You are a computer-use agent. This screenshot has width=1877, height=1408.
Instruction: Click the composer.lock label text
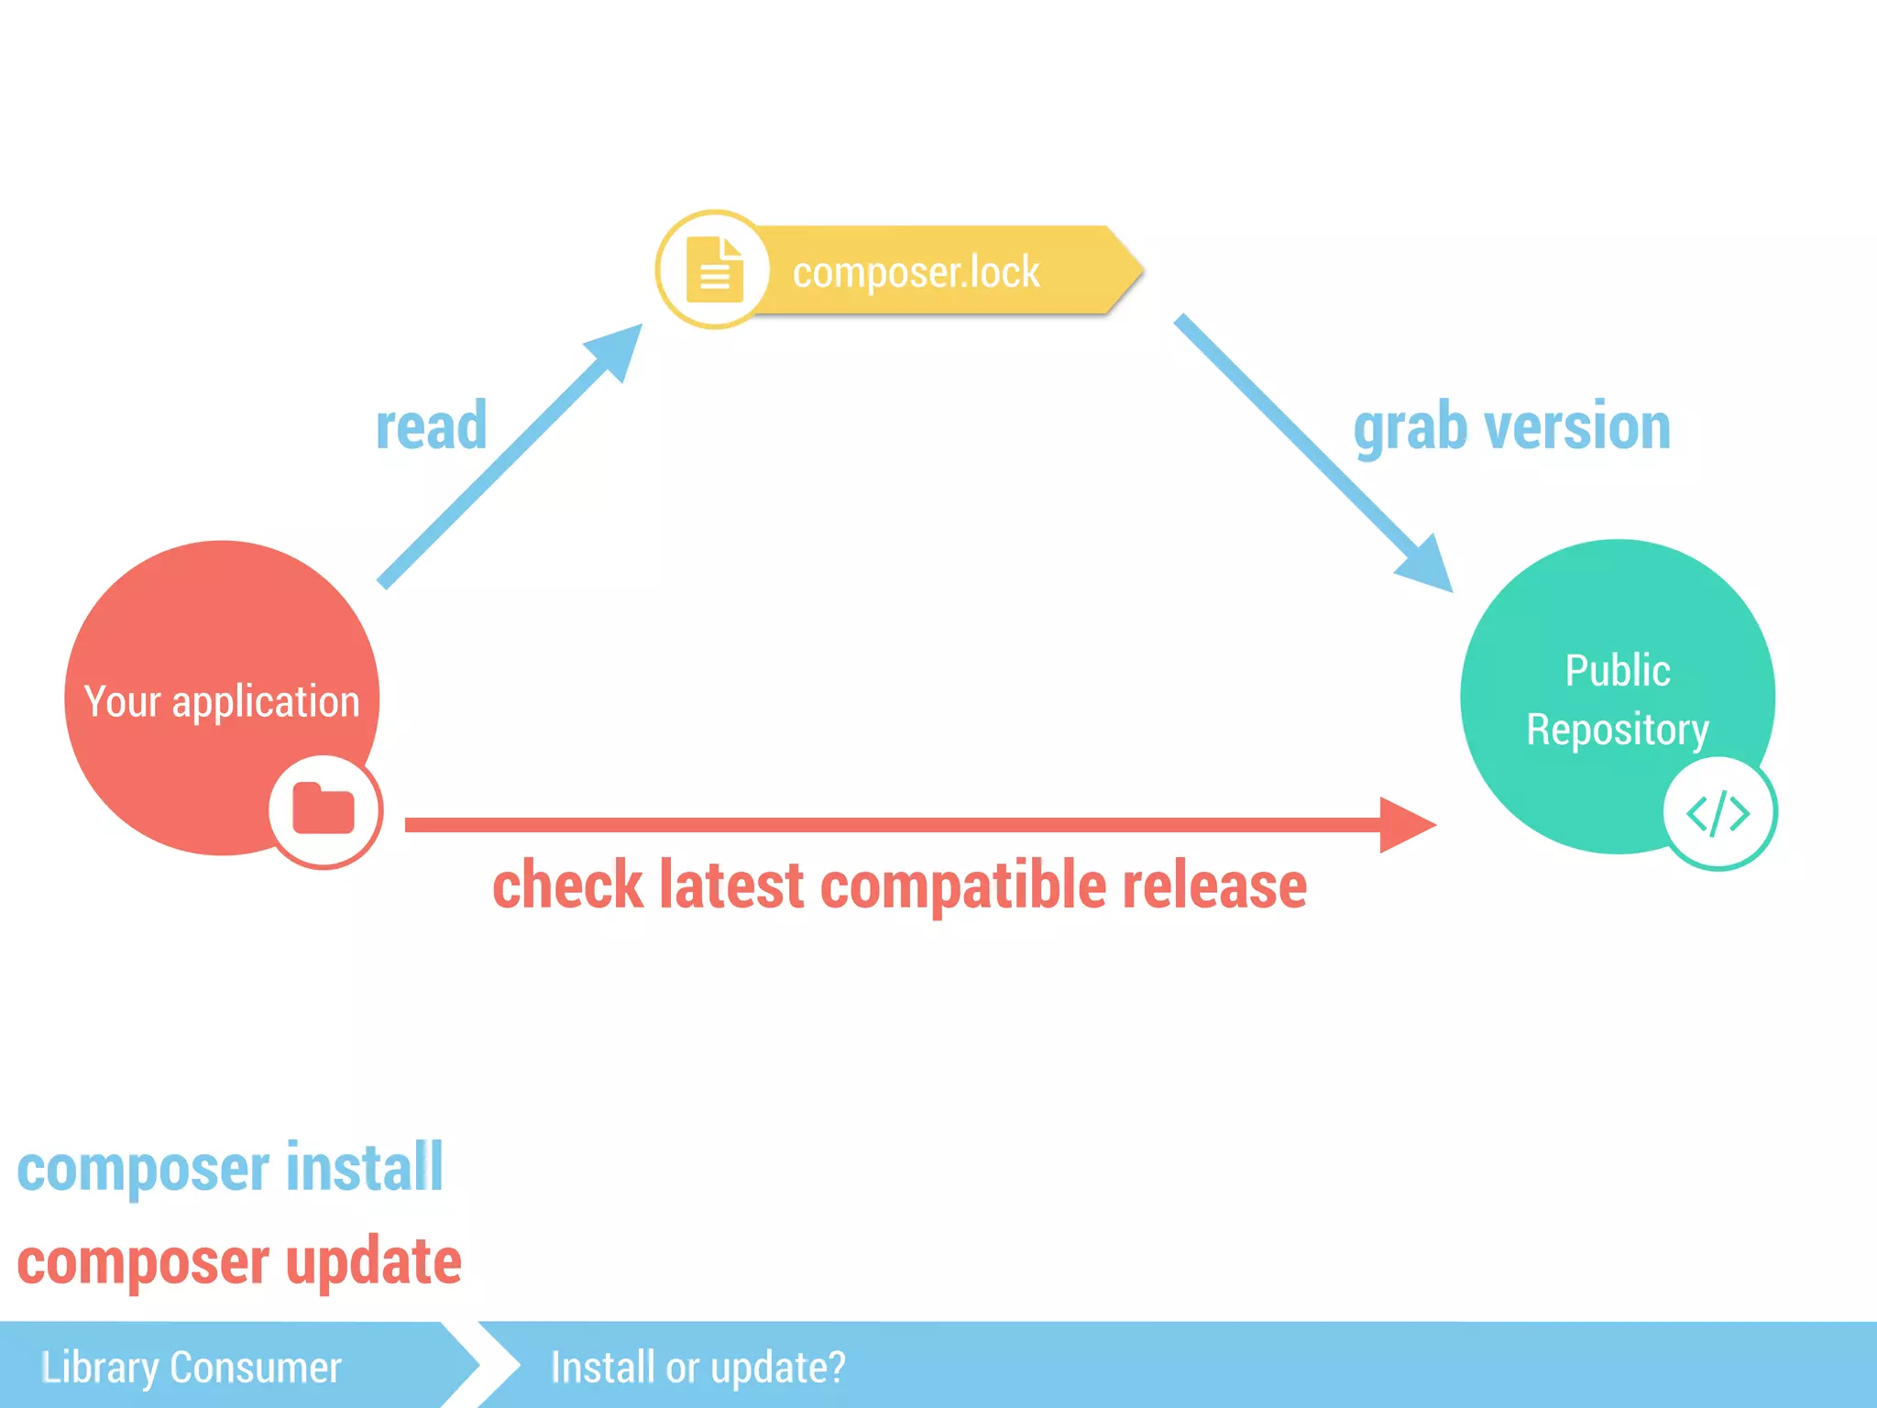coord(916,272)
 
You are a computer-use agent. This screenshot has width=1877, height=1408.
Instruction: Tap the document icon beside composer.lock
coord(715,270)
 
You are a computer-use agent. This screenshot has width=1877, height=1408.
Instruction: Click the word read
coord(431,427)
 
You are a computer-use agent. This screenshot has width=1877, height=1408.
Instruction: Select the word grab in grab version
coord(1411,429)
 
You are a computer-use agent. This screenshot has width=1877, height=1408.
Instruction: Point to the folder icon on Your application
coord(324,810)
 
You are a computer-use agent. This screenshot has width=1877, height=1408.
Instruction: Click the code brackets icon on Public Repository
coord(1718,813)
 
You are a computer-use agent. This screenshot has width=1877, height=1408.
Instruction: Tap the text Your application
coord(222,702)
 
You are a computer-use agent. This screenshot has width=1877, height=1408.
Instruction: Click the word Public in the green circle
coord(1618,671)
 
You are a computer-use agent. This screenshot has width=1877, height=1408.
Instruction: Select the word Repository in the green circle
coord(1618,731)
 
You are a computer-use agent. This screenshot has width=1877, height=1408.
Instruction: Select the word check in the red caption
coord(568,886)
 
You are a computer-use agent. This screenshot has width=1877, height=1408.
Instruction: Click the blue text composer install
coord(230,1169)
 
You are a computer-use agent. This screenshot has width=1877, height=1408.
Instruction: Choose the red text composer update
coord(239,1262)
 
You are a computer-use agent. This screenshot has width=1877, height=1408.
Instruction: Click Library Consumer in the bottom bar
coord(192,1368)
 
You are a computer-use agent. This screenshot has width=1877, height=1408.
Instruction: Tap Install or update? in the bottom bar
coord(697,1368)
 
